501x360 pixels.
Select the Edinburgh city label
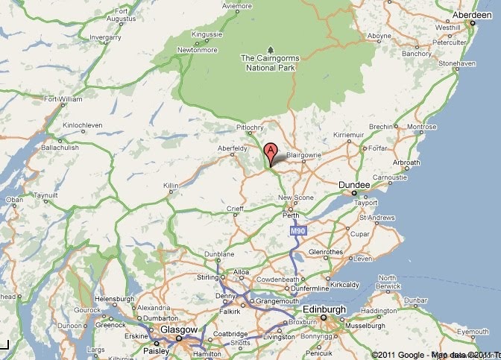(x=324, y=309)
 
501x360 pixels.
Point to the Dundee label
(x=353, y=183)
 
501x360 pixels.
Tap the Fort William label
(x=63, y=98)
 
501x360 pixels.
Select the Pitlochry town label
(x=250, y=127)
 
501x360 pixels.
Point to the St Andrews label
(x=374, y=218)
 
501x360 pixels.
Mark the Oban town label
(x=14, y=200)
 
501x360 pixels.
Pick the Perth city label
(x=292, y=215)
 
